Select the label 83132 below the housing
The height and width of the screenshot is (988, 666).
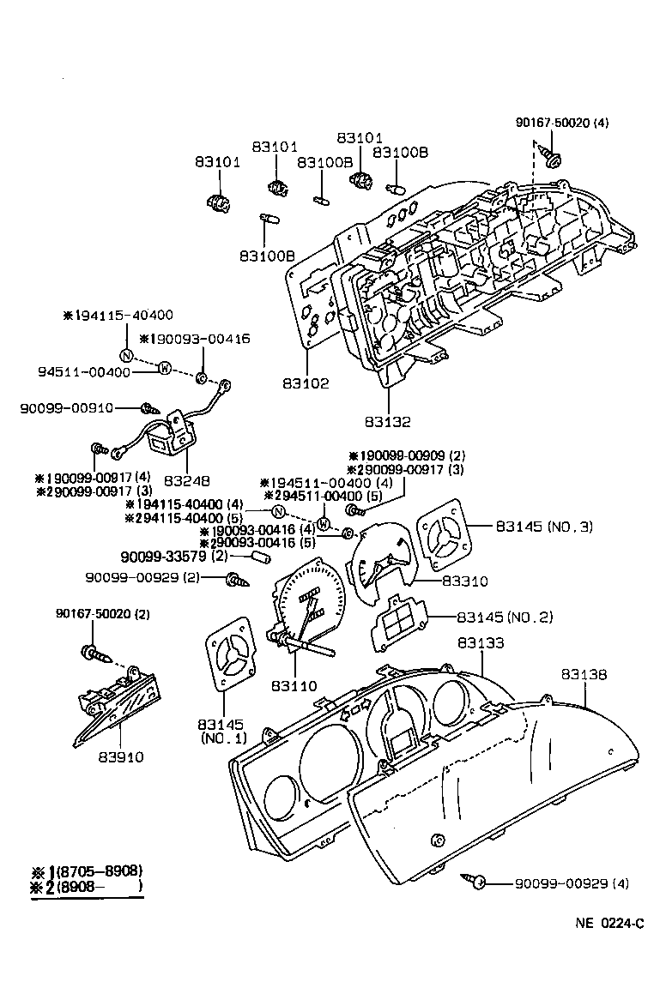388,422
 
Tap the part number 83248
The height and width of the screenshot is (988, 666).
187,481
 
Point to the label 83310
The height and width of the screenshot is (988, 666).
464,581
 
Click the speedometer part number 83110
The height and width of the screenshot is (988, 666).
294,685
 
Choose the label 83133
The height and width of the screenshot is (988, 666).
481,642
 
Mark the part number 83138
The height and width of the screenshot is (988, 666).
584,675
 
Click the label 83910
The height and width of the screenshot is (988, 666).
120,757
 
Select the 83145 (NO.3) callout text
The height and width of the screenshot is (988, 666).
543,526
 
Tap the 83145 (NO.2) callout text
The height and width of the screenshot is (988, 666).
505,617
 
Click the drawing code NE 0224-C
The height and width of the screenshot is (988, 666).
609,925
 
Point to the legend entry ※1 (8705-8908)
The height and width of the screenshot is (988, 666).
86,871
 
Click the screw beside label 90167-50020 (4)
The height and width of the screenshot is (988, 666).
552,159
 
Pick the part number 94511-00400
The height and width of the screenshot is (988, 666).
84,372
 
